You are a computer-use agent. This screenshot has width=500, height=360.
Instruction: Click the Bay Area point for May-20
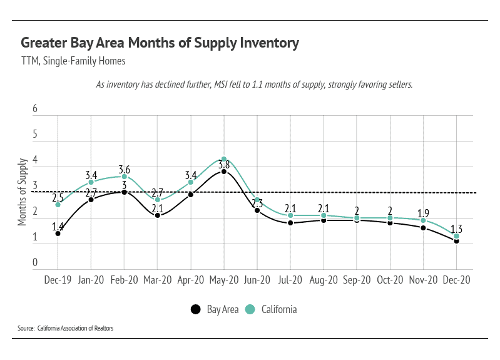click(223, 172)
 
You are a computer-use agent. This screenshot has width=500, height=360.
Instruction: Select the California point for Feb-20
click(124, 177)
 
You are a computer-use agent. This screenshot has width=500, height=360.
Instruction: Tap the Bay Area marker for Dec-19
click(58, 234)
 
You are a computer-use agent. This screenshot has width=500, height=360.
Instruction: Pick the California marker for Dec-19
click(58, 205)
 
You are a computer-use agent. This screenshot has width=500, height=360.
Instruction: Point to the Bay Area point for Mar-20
click(157, 215)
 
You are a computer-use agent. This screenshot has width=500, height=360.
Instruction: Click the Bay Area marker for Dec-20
click(456, 241)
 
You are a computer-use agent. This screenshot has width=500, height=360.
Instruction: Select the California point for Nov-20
click(423, 220)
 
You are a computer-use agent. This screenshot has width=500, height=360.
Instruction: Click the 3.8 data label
click(223, 165)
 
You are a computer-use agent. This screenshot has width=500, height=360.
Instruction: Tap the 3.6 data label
click(124, 170)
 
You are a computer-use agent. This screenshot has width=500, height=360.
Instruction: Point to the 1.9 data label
click(423, 213)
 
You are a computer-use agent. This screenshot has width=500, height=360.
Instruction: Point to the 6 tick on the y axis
click(35, 109)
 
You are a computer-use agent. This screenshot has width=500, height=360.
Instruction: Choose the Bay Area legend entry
click(215, 309)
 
